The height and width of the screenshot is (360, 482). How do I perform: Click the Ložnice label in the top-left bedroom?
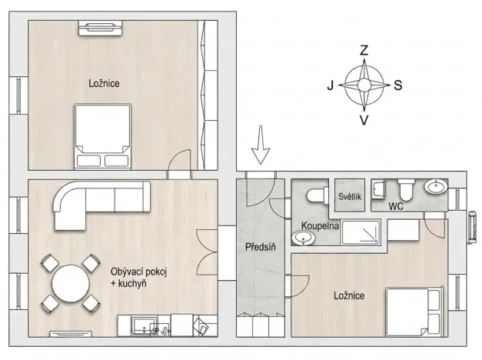(x=105, y=82)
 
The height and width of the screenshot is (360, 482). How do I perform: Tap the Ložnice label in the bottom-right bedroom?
(x=349, y=295)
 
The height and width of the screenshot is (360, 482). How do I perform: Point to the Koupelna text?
(x=319, y=226)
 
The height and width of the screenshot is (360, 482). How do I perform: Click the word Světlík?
(x=350, y=197)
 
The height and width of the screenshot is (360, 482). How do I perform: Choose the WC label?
(x=396, y=206)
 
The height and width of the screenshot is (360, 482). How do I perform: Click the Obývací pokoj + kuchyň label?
(x=139, y=278)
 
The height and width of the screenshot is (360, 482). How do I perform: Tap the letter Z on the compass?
(x=364, y=51)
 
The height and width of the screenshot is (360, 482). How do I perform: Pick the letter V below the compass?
(x=364, y=119)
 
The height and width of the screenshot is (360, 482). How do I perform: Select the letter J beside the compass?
(x=331, y=85)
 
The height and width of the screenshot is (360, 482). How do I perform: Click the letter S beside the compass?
(x=398, y=85)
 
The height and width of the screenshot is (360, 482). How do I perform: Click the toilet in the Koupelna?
(x=316, y=195)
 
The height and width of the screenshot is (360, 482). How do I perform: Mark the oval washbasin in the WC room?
(x=437, y=188)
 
